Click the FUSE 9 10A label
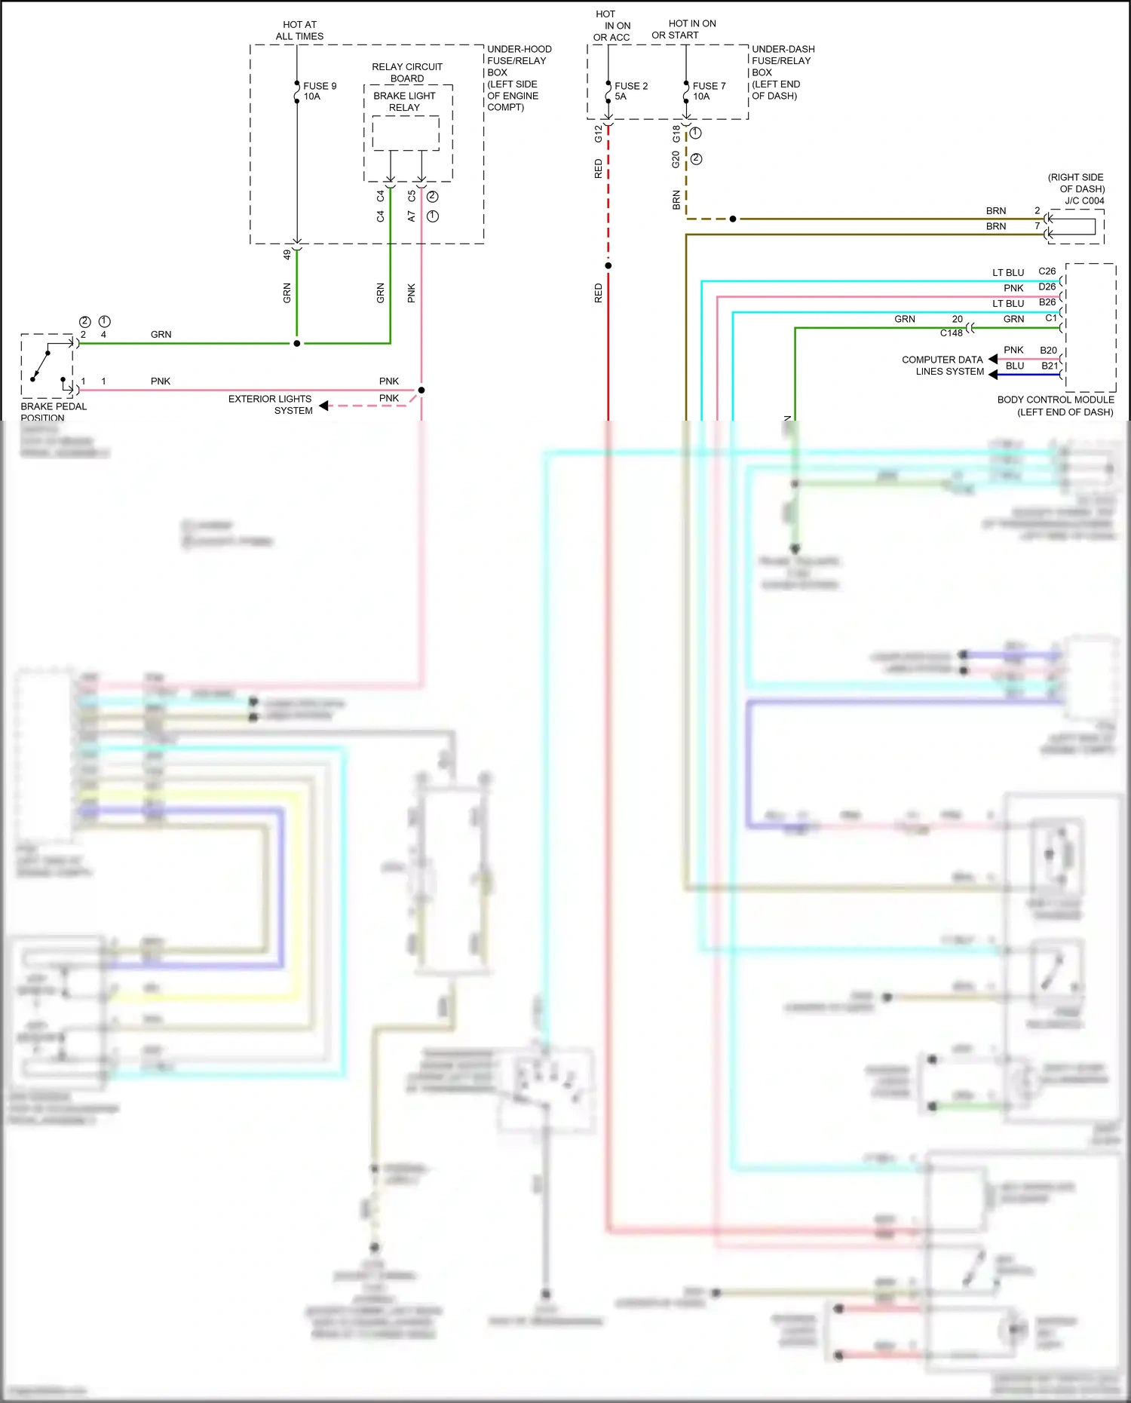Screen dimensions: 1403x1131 click(x=320, y=91)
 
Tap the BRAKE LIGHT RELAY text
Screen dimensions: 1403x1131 click(x=404, y=102)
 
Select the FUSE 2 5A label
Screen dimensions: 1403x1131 click(x=630, y=91)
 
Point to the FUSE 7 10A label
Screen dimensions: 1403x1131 click(x=709, y=91)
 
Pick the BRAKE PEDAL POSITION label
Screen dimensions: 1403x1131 click(x=54, y=412)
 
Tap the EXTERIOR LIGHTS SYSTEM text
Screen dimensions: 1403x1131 click(x=270, y=405)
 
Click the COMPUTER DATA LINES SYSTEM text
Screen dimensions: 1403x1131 click(x=942, y=366)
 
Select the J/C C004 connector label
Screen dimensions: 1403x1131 click(x=1084, y=201)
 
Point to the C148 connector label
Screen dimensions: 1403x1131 click(x=951, y=333)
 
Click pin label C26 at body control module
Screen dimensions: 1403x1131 click(x=1047, y=271)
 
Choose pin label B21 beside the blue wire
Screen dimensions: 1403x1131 click(x=1050, y=366)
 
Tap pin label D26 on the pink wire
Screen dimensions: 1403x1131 click(x=1047, y=287)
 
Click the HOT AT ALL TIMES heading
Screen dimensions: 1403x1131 click(x=299, y=30)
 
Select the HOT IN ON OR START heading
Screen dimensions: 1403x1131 click(x=685, y=29)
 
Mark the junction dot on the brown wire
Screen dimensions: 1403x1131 click(x=733, y=219)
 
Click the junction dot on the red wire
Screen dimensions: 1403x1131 click(x=608, y=265)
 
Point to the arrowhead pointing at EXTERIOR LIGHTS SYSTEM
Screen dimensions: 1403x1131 click(x=323, y=406)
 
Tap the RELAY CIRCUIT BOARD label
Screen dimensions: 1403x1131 click(x=407, y=72)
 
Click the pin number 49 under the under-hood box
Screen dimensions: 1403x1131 click(x=287, y=255)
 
